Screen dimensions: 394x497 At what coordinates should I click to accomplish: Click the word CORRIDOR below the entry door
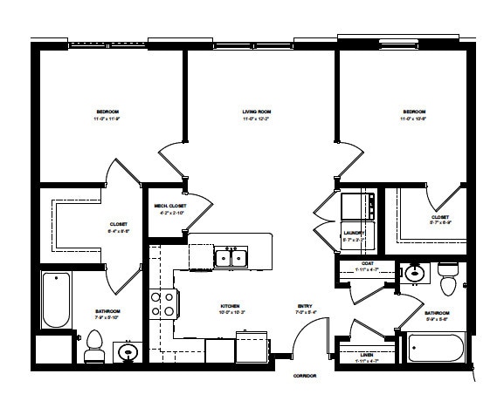tap(305, 375)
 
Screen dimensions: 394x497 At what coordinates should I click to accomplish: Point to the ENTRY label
tap(305, 306)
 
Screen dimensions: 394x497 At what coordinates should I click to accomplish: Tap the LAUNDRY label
tap(353, 234)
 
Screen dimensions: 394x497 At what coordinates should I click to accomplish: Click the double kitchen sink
tap(231, 257)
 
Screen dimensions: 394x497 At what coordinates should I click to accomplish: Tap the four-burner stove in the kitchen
tap(162, 303)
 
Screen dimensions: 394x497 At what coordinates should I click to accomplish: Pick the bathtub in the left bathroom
tap(56, 301)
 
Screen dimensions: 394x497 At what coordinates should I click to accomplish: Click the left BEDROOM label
tap(108, 112)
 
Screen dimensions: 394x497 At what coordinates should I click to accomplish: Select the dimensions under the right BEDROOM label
tap(414, 119)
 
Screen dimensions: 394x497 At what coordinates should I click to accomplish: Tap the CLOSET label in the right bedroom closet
tap(440, 217)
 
